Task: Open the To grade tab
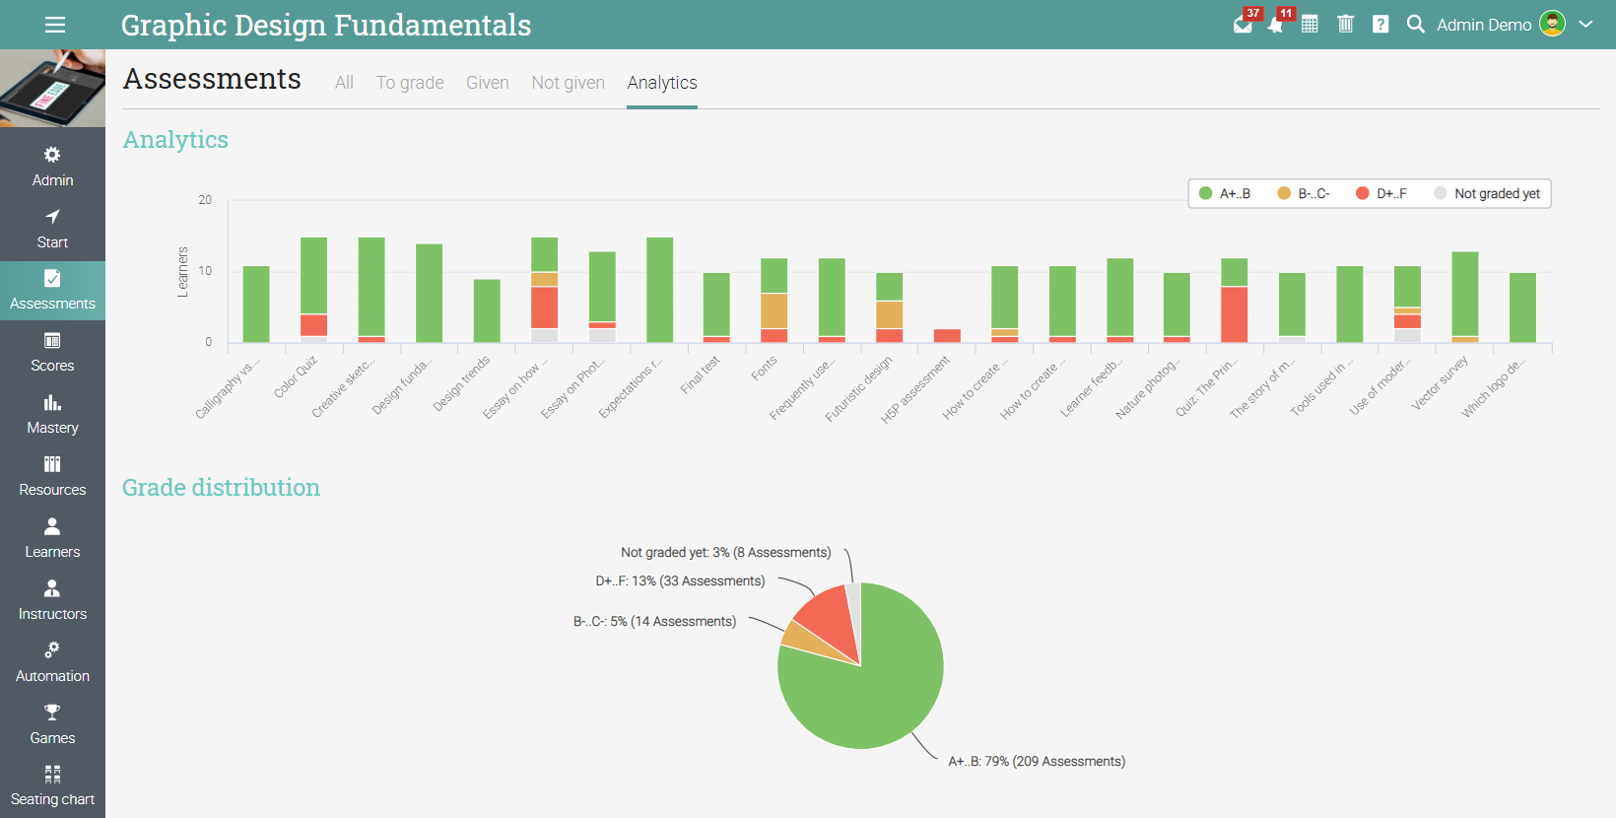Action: (x=410, y=83)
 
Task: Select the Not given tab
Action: (x=568, y=83)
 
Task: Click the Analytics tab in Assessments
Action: (x=662, y=83)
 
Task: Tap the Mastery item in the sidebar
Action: (x=52, y=414)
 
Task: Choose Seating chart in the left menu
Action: (x=52, y=786)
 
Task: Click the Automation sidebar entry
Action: (x=52, y=662)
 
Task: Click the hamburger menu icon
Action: (x=55, y=25)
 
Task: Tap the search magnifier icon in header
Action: (x=1415, y=25)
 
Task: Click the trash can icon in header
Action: (x=1345, y=25)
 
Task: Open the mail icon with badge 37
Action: (x=1244, y=25)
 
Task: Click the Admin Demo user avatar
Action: (x=1552, y=24)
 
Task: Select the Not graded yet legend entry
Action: (x=1487, y=194)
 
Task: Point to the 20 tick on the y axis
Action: (x=205, y=200)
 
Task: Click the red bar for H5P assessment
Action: (x=947, y=336)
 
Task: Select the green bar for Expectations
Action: (x=659, y=290)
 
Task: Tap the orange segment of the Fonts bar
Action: (x=774, y=310)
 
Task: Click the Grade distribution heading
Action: (x=221, y=488)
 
